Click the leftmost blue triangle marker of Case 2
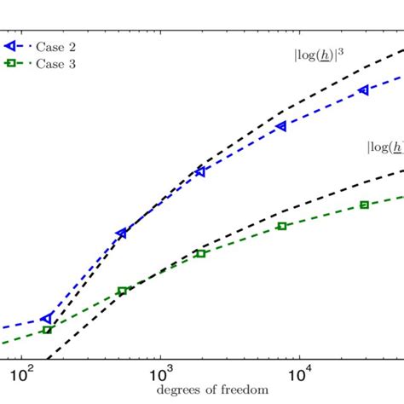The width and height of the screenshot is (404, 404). (46, 318)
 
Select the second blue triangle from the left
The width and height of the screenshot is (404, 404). (122, 233)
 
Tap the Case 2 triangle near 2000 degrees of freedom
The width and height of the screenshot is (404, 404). (200, 171)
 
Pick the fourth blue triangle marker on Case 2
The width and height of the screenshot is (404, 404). (281, 126)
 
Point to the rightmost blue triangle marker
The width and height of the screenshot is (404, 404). (364, 89)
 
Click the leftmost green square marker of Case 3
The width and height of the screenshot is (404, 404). (47, 330)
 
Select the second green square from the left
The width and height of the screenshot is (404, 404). (122, 291)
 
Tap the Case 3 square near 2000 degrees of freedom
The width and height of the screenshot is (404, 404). (200, 253)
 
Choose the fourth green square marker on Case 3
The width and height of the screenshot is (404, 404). (281, 226)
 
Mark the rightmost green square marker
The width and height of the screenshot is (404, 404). (364, 205)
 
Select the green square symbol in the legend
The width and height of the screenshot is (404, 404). (9, 63)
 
